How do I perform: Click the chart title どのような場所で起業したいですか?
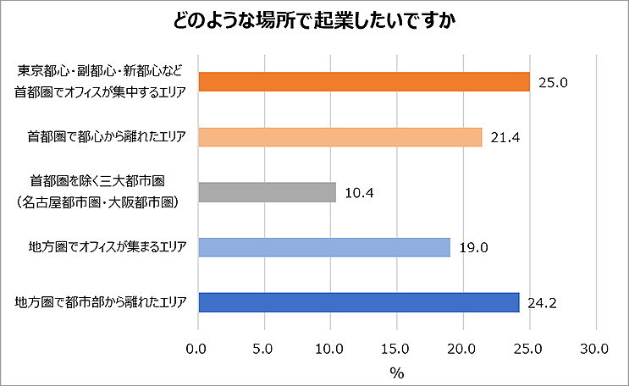click(x=314, y=21)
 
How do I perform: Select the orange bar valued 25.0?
click(x=363, y=81)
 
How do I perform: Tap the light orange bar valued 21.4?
click(x=339, y=136)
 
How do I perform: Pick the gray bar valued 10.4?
click(x=267, y=192)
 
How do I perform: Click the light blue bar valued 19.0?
click(x=323, y=247)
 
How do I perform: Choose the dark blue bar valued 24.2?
click(x=358, y=302)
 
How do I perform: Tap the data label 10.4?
click(x=359, y=193)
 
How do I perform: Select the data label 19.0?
click(x=473, y=248)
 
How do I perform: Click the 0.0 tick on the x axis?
click(x=198, y=348)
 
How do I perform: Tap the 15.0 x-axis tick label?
click(x=397, y=348)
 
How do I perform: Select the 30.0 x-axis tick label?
click(x=596, y=348)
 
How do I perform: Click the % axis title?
click(x=397, y=371)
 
